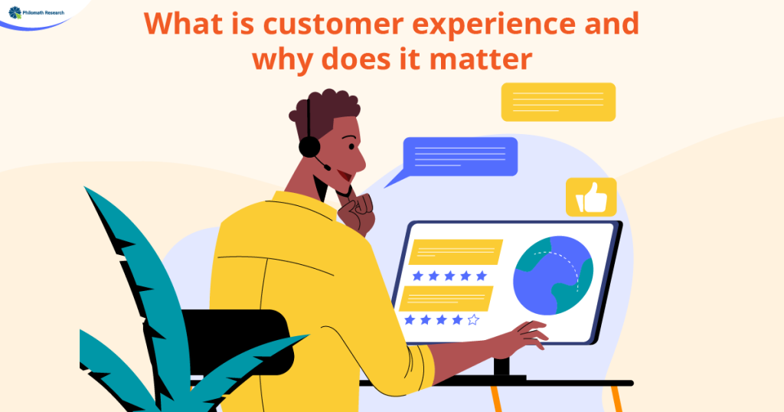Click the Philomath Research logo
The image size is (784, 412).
point(37,12)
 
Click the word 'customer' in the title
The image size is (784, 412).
point(333,24)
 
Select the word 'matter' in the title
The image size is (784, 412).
point(481,59)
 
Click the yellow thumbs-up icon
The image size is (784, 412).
point(591,198)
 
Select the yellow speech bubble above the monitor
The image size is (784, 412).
point(558,102)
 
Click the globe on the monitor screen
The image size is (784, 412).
point(553,276)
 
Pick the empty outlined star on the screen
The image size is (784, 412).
point(473,320)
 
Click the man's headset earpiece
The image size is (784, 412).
point(309,147)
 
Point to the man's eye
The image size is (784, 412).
point(351,146)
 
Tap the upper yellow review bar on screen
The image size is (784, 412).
point(456,251)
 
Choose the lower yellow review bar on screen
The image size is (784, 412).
point(446,299)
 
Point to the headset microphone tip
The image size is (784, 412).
point(328,168)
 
